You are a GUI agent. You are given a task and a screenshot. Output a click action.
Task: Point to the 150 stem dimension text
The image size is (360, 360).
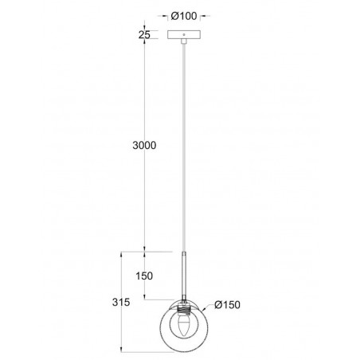(x=144, y=276)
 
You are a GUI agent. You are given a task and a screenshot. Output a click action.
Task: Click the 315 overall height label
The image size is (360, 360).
(x=120, y=303)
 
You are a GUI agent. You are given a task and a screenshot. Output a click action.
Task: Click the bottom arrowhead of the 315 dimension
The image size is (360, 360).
(x=120, y=348)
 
